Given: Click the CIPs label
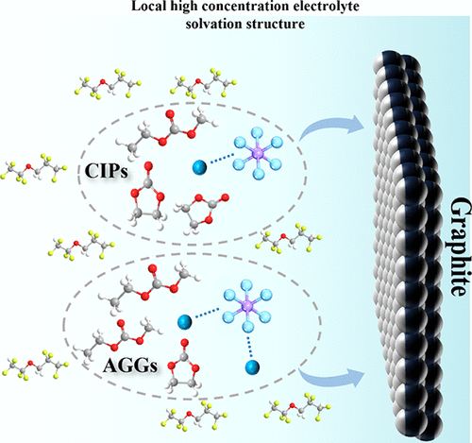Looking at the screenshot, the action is point(107,172).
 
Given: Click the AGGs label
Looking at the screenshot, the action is point(130,366).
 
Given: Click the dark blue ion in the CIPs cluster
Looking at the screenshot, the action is point(199,166).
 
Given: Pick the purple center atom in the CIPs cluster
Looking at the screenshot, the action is point(259,153).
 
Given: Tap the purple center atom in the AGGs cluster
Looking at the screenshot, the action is point(247,305).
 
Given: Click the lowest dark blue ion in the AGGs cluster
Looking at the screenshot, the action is point(252,366).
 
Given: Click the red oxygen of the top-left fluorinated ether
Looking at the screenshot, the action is point(102,82).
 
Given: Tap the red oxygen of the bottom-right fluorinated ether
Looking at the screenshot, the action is point(292,405).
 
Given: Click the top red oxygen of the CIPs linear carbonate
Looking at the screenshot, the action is point(171,114).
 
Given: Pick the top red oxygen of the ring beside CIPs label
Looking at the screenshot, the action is point(149,165).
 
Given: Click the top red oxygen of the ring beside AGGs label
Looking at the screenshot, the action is point(185,343).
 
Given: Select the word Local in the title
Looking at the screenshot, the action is point(146,6).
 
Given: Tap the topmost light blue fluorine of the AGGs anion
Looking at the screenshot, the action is point(246,285).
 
